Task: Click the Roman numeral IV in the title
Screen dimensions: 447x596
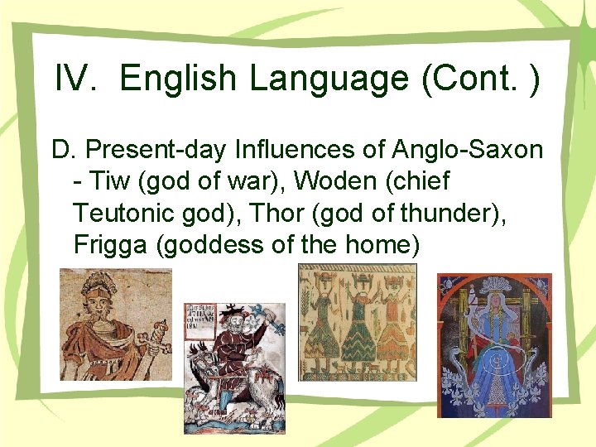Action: (75, 79)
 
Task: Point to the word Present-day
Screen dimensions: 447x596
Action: (157, 150)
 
